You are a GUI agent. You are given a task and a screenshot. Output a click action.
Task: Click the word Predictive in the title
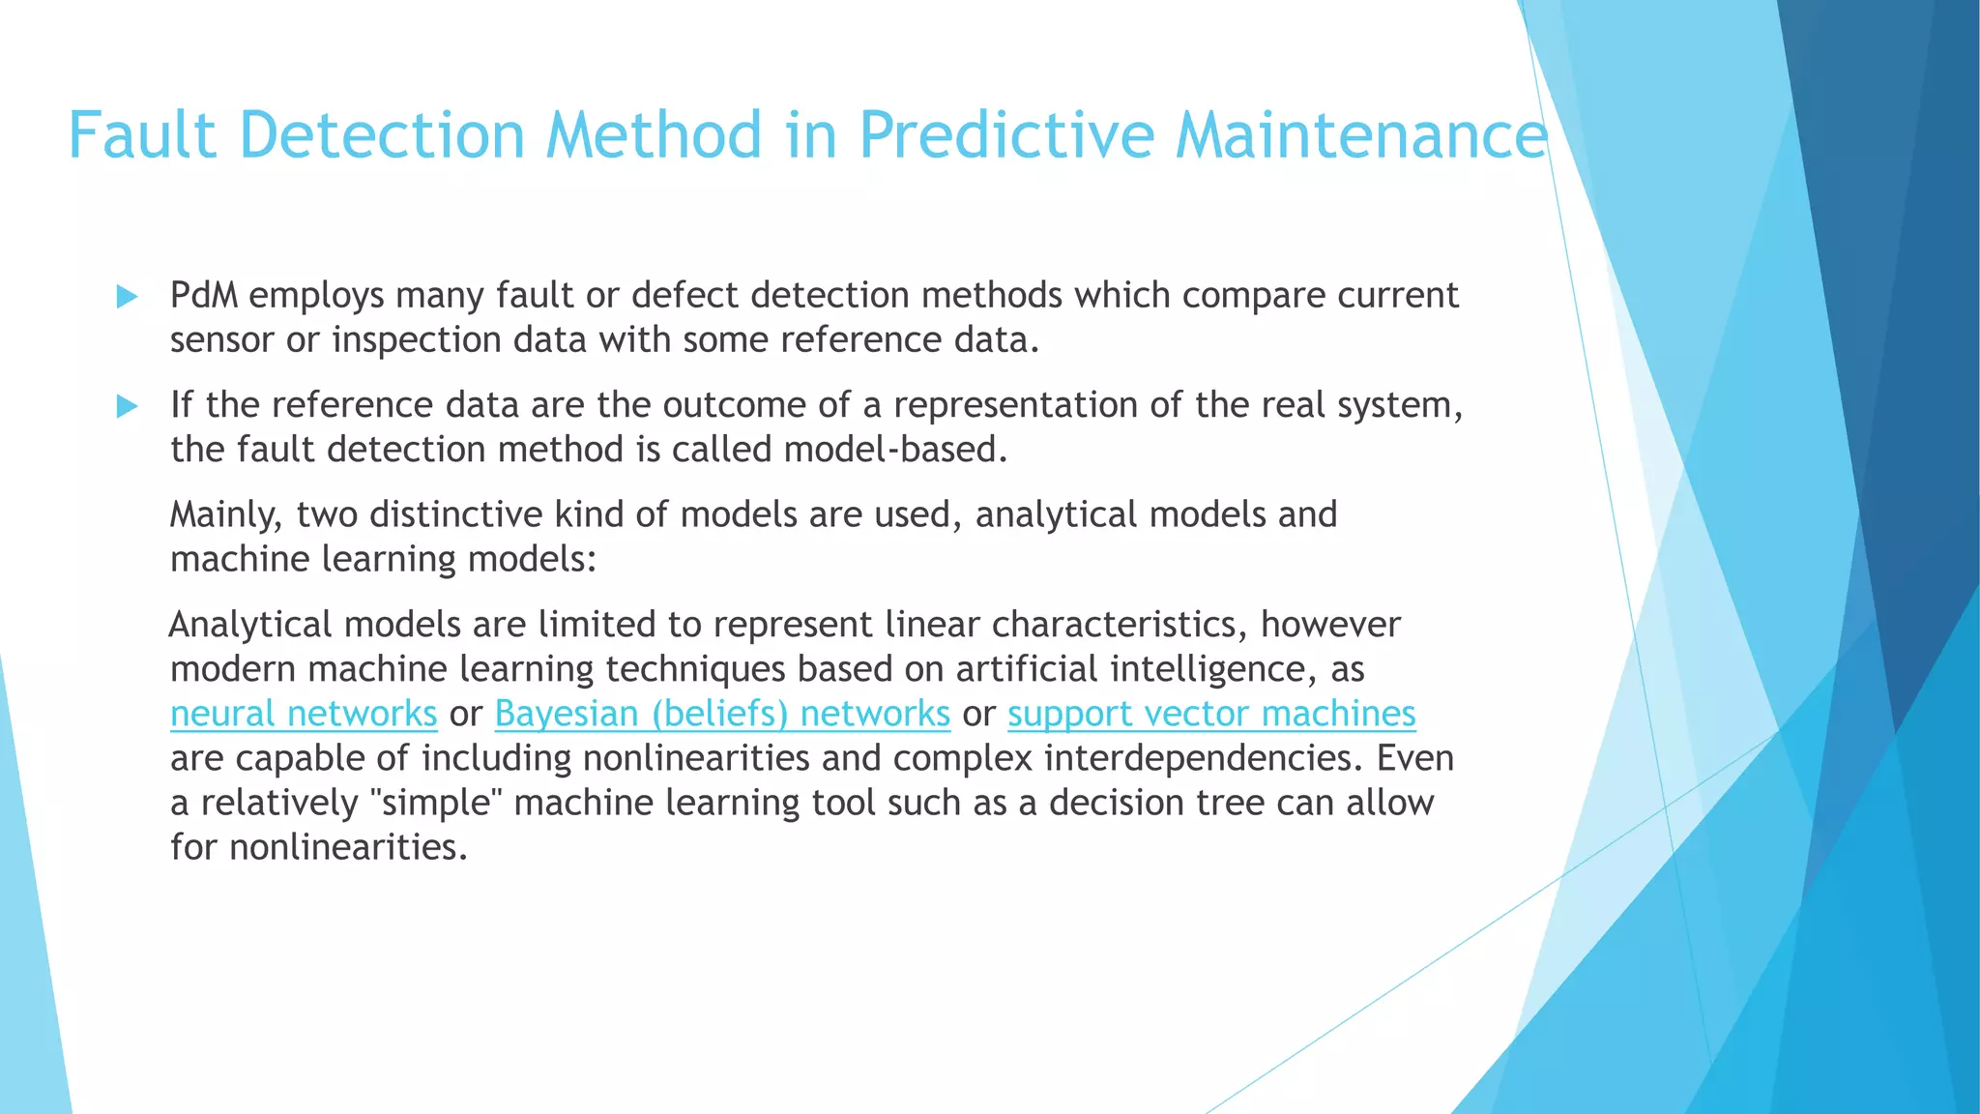click(1006, 134)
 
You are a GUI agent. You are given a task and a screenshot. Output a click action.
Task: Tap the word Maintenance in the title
click(1361, 134)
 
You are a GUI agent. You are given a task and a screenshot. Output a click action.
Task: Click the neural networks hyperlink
click(304, 714)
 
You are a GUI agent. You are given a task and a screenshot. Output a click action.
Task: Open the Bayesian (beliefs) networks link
click(722, 714)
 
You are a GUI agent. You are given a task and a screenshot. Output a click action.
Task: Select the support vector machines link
click(1211, 714)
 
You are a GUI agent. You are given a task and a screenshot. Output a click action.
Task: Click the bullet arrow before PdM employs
click(127, 297)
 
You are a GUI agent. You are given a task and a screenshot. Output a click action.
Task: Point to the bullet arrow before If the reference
click(127, 406)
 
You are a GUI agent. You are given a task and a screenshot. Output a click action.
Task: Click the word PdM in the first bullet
click(204, 295)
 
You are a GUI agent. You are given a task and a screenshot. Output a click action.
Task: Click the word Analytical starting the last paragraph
click(250, 625)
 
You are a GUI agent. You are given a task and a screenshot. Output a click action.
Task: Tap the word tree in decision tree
click(1230, 803)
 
